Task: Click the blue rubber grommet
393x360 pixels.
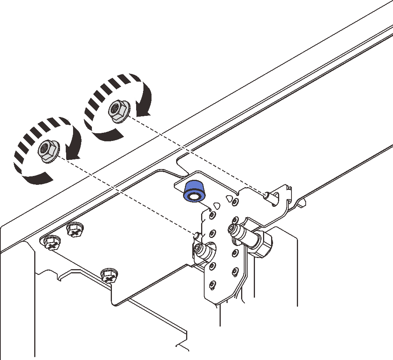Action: (194, 191)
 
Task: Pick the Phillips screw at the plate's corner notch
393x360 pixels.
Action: (51, 243)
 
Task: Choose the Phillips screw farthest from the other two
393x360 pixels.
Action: (109, 275)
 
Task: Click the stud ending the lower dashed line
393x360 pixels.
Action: (196, 234)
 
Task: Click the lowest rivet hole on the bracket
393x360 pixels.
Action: (211, 285)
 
